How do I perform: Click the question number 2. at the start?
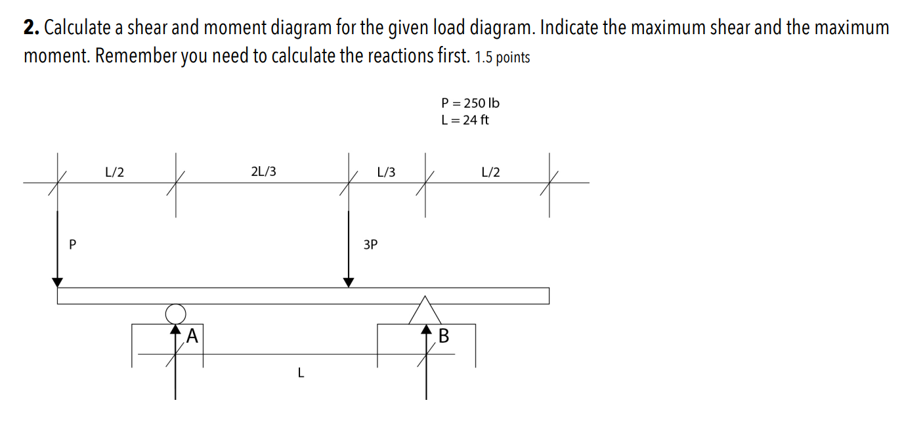31,28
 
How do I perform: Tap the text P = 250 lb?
470,103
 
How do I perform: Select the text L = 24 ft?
465,120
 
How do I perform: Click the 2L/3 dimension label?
263,172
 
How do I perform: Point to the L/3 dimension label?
386,172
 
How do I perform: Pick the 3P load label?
370,245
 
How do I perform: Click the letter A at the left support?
192,336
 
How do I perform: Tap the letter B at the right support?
444,336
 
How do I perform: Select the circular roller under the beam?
175,313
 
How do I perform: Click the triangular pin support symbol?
425,311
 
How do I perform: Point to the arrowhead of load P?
58,282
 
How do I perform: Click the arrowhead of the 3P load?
349,282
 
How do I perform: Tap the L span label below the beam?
301,374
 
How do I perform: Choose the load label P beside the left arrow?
72,245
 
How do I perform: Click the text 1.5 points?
502,58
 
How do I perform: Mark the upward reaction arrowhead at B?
425,328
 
